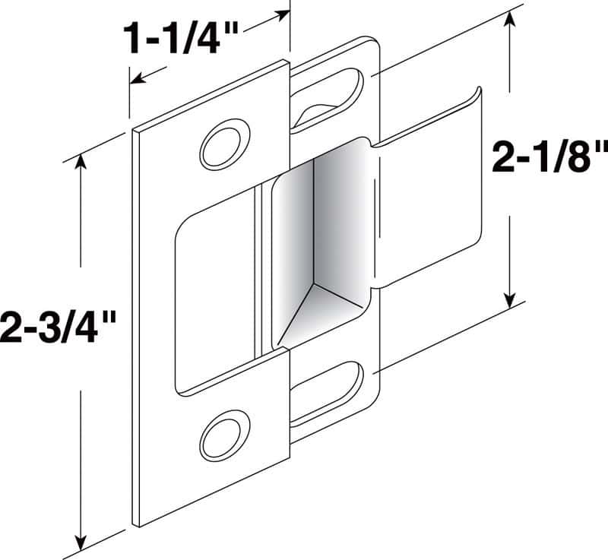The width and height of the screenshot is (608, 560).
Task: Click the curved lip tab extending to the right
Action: tap(429, 190)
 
